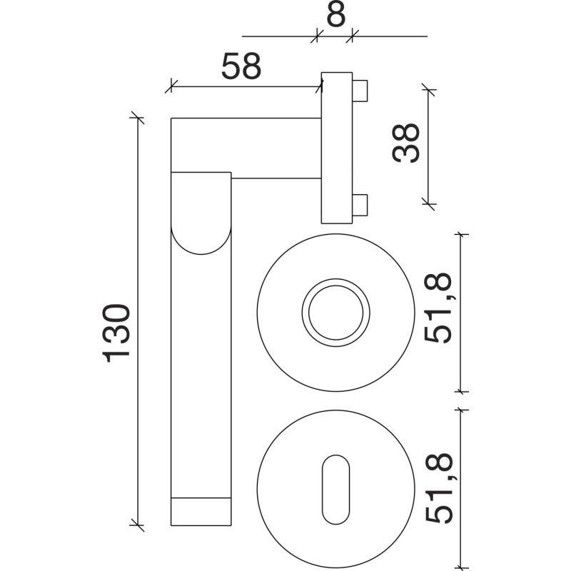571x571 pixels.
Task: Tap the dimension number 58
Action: pos(241,66)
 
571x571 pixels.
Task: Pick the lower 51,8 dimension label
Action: pos(438,488)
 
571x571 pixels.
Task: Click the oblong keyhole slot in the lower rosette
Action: pos(335,490)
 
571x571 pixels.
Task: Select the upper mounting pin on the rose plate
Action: pos(360,91)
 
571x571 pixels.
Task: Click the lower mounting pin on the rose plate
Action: pos(360,205)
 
